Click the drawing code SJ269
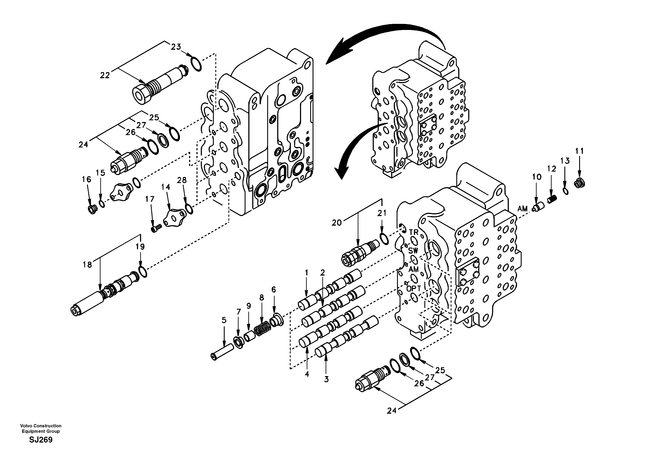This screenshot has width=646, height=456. (x=41, y=440)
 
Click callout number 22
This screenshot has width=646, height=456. (x=105, y=75)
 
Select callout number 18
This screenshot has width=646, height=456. (x=87, y=265)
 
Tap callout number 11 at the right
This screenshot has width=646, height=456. (x=579, y=151)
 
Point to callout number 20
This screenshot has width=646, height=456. (x=336, y=223)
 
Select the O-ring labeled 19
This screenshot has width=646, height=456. (x=142, y=272)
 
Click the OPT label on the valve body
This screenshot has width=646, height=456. (x=414, y=289)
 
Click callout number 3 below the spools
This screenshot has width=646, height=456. (x=326, y=379)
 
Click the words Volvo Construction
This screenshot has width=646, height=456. (x=41, y=426)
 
